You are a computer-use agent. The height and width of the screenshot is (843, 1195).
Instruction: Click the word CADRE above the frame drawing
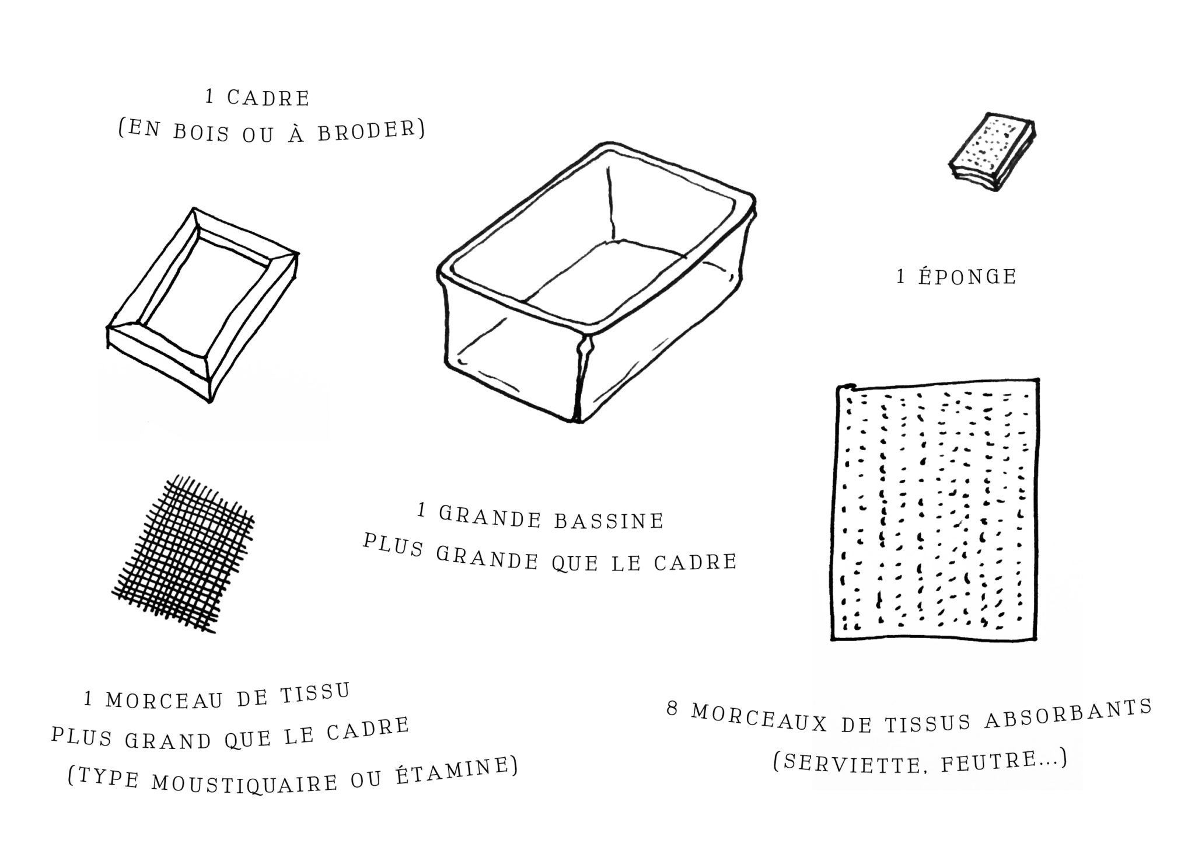click(x=268, y=98)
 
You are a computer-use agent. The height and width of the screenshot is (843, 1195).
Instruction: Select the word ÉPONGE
click(x=967, y=276)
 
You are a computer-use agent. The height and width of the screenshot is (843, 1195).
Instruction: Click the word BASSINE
click(x=609, y=520)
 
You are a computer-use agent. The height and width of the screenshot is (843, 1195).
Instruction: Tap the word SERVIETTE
click(x=847, y=762)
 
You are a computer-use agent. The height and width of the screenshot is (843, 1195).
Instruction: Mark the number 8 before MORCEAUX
click(x=673, y=710)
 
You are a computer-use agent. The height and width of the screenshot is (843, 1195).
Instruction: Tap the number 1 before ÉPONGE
click(x=901, y=277)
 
